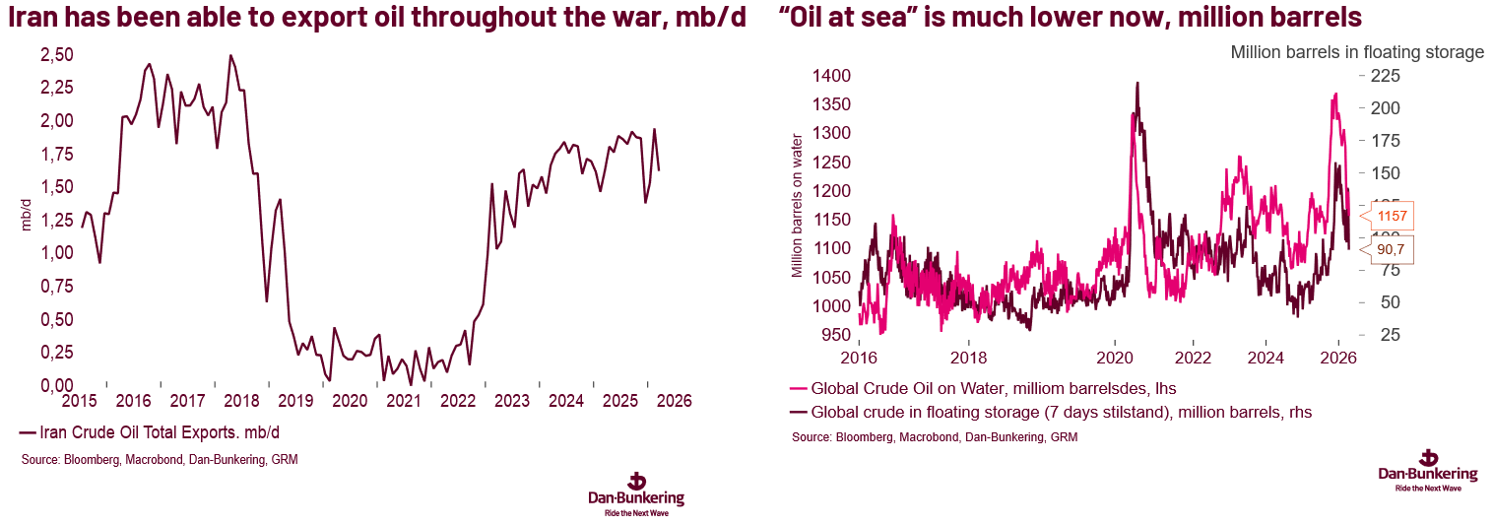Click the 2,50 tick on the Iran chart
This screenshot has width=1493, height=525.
tap(56, 55)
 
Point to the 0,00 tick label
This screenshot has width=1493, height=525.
tap(56, 385)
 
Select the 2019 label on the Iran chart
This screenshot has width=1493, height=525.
tap(293, 402)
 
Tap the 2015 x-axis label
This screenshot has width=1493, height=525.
tap(79, 402)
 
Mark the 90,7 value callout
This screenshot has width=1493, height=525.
tap(1390, 249)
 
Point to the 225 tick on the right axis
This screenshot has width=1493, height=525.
tap(1384, 76)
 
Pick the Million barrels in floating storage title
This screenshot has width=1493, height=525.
tap(1356, 52)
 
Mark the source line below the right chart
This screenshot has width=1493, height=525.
tap(935, 436)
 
